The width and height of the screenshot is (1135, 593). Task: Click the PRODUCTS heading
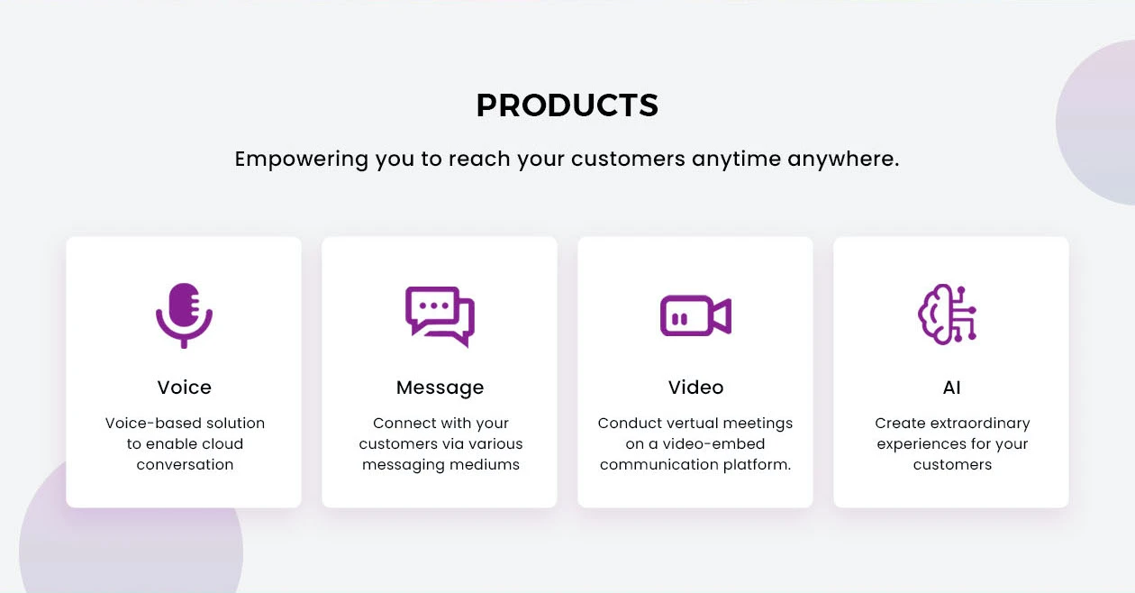567,105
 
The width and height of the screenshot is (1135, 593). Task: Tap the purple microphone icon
184,315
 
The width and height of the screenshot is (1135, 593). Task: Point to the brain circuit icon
948,315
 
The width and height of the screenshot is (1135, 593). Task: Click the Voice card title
184,388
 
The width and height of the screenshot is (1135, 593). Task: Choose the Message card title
440,388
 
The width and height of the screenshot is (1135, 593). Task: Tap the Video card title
695,388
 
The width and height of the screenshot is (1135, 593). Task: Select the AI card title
951,388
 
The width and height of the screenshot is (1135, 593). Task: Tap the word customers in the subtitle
628,160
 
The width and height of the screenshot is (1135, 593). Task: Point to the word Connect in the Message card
403,423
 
